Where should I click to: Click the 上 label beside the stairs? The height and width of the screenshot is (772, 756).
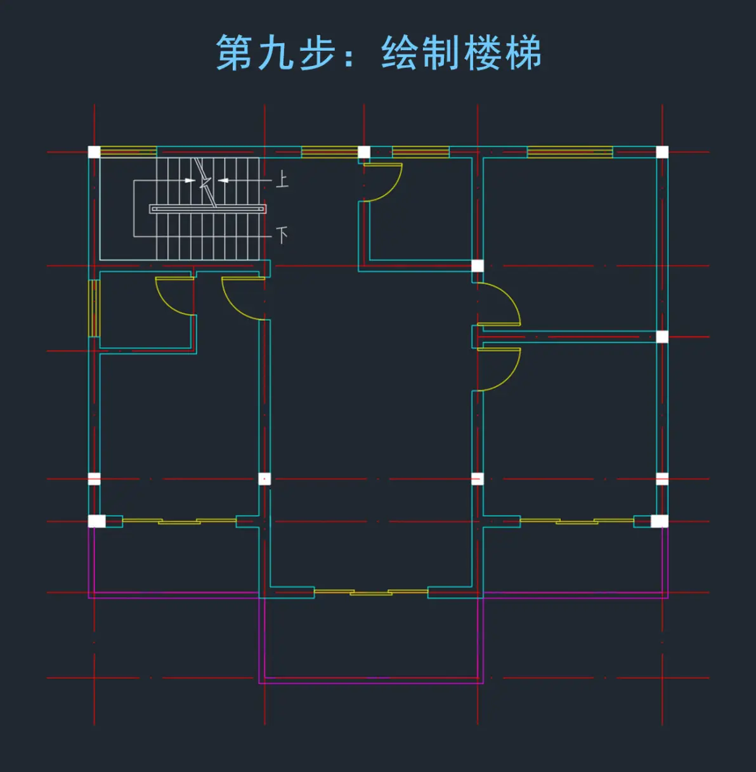tap(282, 179)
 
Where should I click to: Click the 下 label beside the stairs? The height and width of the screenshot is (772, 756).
tap(282, 235)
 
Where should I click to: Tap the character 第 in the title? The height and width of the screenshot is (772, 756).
tap(235, 53)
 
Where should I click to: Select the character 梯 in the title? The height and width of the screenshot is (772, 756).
tap(523, 53)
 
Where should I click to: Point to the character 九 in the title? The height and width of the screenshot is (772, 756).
tap(276, 53)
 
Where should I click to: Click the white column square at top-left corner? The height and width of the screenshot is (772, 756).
tap(94, 152)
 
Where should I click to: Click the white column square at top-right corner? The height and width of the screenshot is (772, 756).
tap(662, 152)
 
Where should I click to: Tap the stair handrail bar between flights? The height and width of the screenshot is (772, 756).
tap(207, 209)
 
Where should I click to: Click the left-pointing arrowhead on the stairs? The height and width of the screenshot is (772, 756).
tap(223, 180)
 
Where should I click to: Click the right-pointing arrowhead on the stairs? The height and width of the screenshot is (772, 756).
tap(190, 180)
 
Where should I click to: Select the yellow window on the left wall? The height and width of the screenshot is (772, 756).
tap(94, 308)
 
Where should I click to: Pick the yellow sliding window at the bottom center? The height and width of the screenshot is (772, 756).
tap(371, 592)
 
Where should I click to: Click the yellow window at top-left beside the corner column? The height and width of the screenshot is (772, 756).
tap(128, 152)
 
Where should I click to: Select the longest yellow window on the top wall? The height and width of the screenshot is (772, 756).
tap(570, 152)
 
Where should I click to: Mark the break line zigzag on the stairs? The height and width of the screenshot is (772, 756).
tap(205, 182)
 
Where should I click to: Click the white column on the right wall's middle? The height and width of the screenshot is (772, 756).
tap(662, 337)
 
